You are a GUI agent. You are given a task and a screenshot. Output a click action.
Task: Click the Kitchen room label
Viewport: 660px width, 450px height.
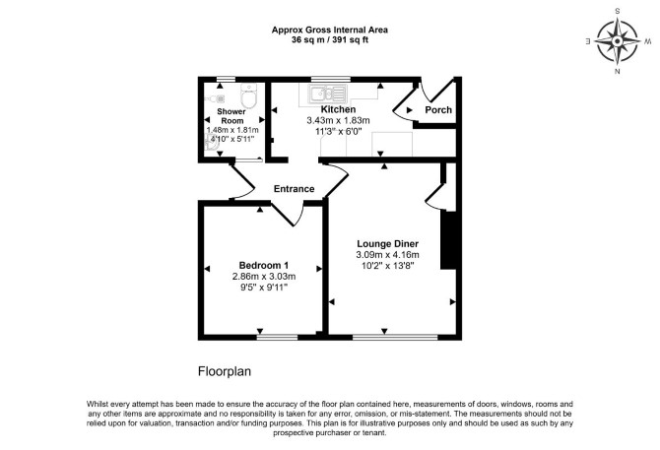[338, 109]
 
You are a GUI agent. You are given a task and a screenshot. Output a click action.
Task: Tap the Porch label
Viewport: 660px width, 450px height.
[438, 109]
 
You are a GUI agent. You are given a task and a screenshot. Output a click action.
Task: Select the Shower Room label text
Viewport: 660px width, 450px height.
[231, 116]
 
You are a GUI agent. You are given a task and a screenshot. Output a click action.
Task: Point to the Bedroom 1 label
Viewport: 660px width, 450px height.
[263, 266]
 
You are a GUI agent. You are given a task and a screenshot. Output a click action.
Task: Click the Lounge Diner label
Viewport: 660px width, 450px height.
[388, 244]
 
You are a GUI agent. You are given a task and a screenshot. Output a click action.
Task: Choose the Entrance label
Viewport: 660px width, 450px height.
[294, 189]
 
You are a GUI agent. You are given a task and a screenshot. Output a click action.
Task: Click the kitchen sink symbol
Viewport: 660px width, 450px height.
[328, 94]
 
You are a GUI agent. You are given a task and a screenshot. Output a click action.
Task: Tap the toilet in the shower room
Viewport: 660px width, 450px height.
[248, 96]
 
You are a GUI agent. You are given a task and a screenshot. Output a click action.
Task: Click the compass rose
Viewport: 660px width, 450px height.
[618, 41]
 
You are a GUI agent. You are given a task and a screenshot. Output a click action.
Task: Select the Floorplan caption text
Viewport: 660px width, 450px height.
[225, 372]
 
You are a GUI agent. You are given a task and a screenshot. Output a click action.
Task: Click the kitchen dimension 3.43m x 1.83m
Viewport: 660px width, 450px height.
[338, 121]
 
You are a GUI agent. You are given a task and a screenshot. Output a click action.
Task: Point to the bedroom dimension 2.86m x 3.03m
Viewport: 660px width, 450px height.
[264, 277]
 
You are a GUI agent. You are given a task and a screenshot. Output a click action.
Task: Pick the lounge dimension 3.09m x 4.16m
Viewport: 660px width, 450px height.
[388, 255]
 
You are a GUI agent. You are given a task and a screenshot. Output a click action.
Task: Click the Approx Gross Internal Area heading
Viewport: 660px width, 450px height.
[330, 30]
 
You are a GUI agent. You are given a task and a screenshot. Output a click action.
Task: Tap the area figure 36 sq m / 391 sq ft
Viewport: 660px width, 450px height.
[330, 40]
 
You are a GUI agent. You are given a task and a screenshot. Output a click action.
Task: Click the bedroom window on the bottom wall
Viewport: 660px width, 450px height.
[277, 337]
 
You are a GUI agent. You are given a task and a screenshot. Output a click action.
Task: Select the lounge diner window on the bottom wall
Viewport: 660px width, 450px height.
[395, 337]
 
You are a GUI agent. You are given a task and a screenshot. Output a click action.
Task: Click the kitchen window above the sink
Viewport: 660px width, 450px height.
[330, 79]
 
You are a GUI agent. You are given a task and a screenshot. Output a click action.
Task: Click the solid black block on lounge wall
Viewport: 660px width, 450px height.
[448, 239]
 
